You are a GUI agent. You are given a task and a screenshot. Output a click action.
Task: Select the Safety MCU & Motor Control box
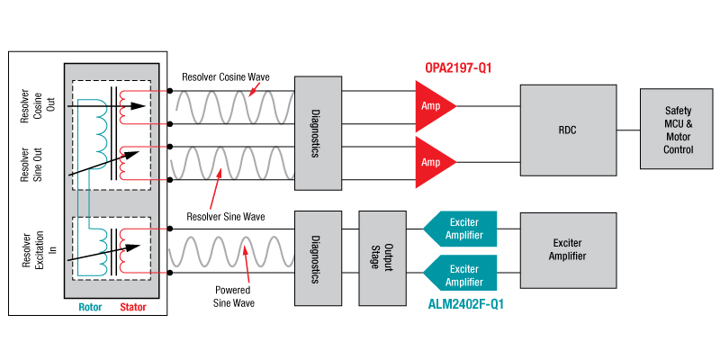point(679,130)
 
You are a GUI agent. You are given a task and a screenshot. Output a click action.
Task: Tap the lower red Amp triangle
point(432,163)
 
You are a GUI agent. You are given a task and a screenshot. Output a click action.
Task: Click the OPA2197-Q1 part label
point(459,67)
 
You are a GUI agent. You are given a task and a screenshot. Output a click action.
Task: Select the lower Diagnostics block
point(317,256)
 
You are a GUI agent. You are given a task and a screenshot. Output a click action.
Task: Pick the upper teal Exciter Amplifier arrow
point(460,230)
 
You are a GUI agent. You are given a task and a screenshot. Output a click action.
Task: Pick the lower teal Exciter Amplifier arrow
point(460,274)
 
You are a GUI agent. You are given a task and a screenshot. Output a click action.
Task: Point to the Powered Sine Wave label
point(233,296)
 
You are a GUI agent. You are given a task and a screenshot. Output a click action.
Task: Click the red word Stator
point(132,307)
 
